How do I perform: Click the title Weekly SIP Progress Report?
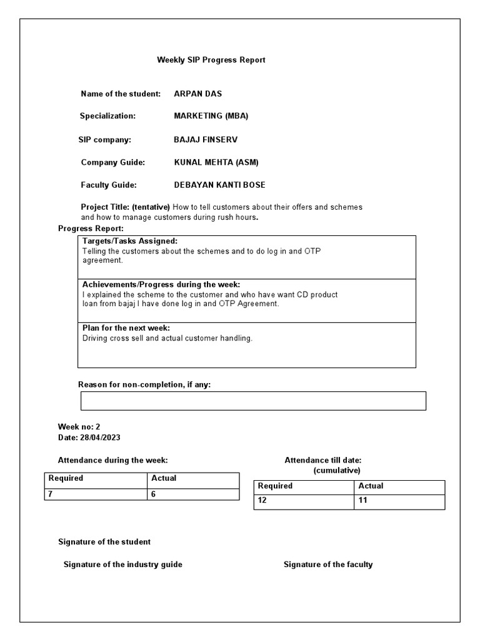pos(211,60)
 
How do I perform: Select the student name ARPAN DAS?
pos(197,94)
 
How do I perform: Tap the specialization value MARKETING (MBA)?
pos(211,116)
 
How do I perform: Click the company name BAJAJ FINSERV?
pos(206,140)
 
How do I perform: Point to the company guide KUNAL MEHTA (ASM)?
pos(216,162)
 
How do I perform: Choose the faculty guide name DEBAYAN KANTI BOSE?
pos(219,185)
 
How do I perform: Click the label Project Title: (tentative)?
pos(125,207)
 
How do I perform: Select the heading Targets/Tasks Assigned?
pos(130,241)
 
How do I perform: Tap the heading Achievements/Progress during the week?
pos(161,284)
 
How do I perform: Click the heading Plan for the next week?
pos(126,328)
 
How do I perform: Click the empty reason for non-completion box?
pos(253,401)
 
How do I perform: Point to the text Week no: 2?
pos(79,426)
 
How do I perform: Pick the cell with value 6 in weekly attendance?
pos(192,494)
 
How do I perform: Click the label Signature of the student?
pos(104,541)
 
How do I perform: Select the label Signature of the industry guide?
pos(123,565)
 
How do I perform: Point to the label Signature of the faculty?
pos(328,565)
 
